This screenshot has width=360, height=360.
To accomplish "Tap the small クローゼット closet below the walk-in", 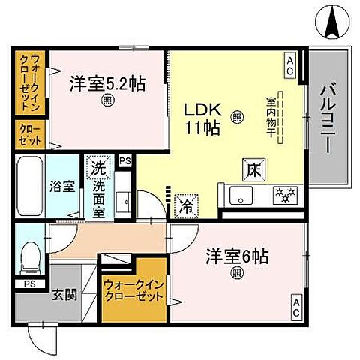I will point(30,134).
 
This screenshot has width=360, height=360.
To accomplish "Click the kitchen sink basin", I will point(241,197).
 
